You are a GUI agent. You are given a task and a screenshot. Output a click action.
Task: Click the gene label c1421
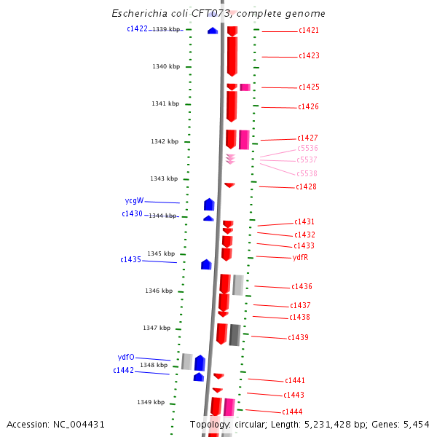pos(308,31)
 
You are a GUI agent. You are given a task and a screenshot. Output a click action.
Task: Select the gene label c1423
pos(309,56)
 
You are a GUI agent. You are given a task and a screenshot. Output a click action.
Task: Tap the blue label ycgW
pos(134,201)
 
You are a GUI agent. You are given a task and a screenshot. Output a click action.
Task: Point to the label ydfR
pos(300,257)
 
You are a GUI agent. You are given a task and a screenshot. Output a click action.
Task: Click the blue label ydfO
pos(126,358)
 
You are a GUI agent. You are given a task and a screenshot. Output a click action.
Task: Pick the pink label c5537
pos(307,160)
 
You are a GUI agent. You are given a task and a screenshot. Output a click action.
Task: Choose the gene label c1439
pos(298,338)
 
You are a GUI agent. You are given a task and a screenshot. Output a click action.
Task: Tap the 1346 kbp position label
pos(159,291)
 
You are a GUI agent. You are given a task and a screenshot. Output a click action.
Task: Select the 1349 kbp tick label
pos(151,402)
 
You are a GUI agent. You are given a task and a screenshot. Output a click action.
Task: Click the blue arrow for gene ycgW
pos(209,205)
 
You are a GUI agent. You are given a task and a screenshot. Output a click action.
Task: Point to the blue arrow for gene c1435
pos(206,264)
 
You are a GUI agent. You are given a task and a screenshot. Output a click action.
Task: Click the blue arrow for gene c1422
pos(213,31)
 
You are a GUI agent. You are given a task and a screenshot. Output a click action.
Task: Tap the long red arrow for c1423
pos(232,56)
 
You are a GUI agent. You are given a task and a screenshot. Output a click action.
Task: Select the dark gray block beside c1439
pos(235,335)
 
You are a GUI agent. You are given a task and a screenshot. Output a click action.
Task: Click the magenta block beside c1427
pos(244,139)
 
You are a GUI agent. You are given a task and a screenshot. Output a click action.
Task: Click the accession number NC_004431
pos(80,424)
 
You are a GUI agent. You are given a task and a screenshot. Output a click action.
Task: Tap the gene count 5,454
pos(415,424)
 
